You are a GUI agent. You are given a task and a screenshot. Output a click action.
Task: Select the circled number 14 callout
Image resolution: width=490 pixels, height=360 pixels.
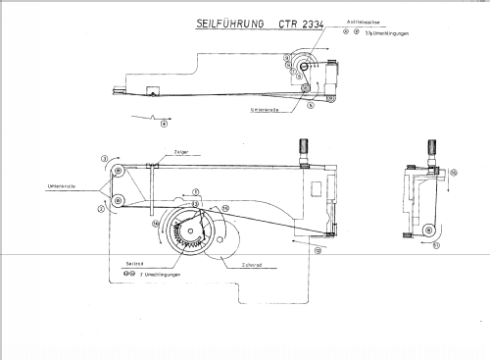click(156, 223)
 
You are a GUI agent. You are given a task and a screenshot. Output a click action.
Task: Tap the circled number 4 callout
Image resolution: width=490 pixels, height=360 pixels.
click(164, 123)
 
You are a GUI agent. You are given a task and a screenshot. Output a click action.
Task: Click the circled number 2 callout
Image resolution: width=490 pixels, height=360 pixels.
click(101, 209)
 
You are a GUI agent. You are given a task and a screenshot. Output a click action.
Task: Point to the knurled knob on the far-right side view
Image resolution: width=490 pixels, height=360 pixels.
click(430, 148)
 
